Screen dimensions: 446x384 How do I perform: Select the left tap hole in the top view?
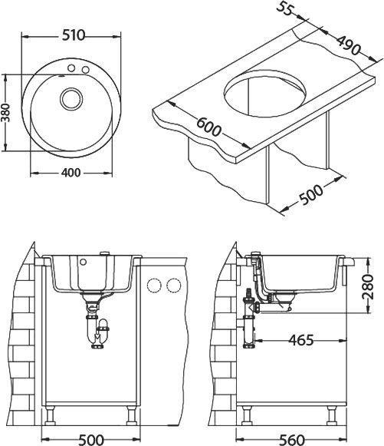click(x=71, y=71)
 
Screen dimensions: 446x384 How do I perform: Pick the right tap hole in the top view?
click(x=85, y=71)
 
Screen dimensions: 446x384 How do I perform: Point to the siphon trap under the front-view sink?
click(x=97, y=333)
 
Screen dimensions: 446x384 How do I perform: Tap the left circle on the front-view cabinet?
click(x=154, y=286)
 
